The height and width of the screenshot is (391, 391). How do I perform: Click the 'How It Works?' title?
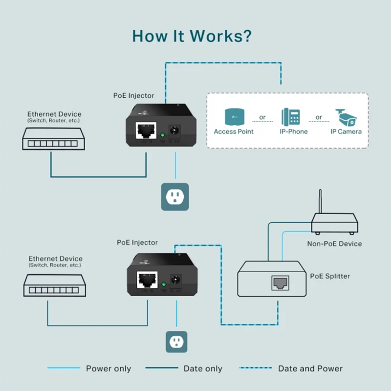192,36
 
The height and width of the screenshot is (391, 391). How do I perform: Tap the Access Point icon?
234,117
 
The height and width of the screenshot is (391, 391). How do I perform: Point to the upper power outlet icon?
174,197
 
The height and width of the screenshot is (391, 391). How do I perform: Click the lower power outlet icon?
174,341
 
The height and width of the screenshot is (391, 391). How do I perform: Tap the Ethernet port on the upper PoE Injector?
146,130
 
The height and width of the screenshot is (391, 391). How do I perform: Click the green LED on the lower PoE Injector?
163,283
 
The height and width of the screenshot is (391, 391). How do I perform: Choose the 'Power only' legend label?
109,369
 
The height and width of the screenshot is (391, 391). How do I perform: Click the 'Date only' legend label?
203,369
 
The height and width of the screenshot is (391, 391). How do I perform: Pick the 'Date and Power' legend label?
310,369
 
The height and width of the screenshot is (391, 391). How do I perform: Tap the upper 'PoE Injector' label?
133,96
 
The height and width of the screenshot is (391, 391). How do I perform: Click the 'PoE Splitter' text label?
330,276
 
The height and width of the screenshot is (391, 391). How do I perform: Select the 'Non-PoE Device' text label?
334,243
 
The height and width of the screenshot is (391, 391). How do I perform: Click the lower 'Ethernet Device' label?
55,259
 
